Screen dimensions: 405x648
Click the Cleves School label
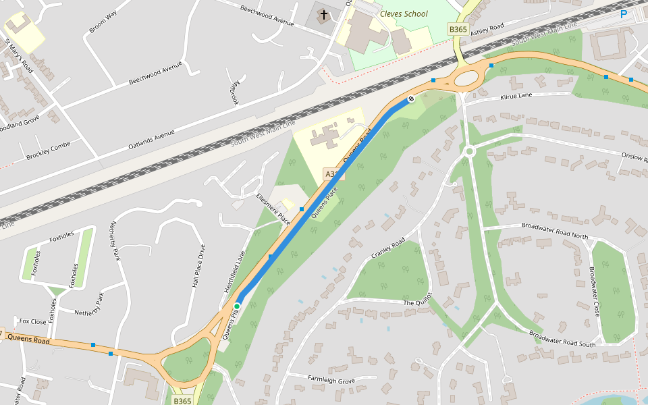[x=404, y=13]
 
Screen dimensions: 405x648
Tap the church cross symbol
[x=323, y=15]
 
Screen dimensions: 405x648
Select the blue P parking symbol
[x=624, y=14]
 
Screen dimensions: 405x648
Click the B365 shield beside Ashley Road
[x=458, y=29]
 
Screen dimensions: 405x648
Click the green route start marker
[x=237, y=306]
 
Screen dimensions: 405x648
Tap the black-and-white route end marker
[x=410, y=100]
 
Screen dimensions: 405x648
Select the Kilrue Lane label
[x=516, y=97]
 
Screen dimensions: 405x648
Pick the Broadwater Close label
[x=594, y=292]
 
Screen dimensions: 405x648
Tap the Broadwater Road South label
[x=562, y=335]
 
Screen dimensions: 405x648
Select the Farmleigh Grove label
[x=331, y=381]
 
